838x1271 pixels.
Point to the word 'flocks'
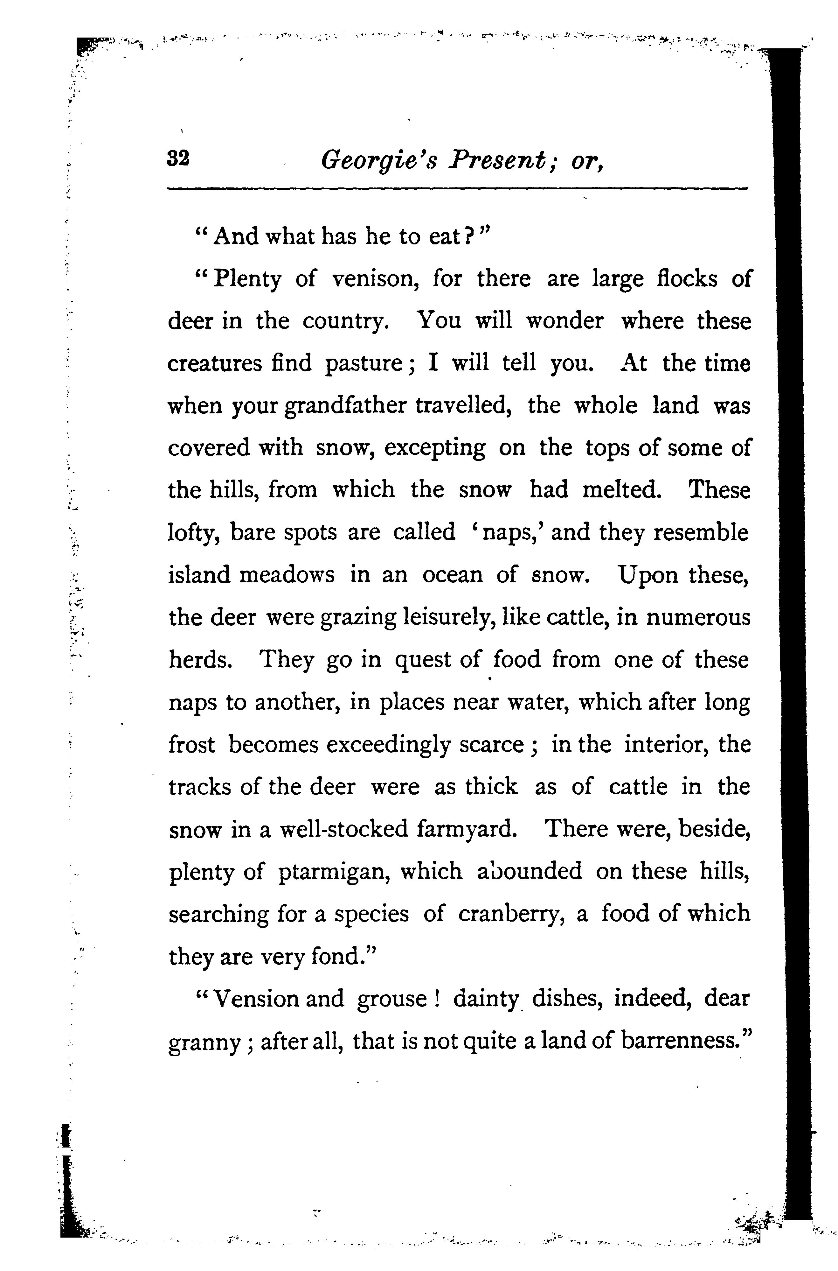tap(687, 278)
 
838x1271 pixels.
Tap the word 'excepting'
tap(434, 448)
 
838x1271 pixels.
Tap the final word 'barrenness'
tap(678, 1041)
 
